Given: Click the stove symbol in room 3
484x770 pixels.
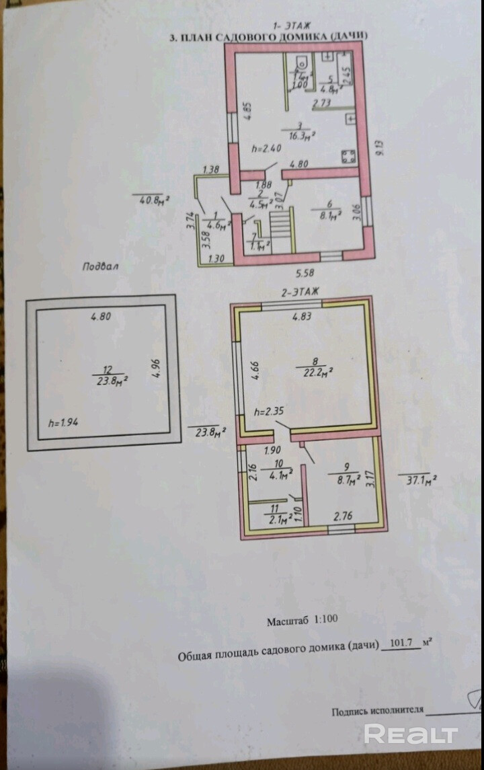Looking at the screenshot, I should click(x=348, y=157).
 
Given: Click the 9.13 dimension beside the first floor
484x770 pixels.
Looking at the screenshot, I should click(x=380, y=147).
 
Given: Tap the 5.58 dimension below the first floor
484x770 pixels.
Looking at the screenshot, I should click(x=304, y=273).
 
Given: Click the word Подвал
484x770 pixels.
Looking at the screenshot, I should click(x=100, y=266).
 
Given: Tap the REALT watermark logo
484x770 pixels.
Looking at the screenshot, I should click(x=411, y=733).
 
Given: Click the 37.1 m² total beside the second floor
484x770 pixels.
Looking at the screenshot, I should click(x=417, y=479).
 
